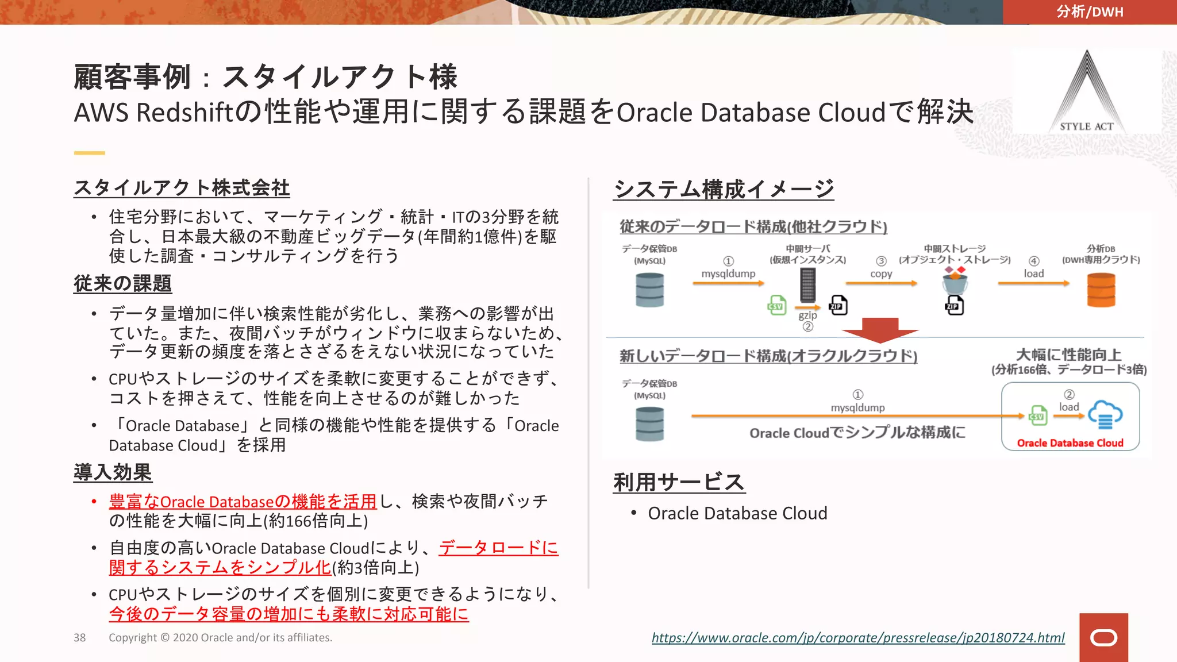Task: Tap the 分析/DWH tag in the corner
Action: pos(1089,11)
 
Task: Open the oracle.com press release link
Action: pos(858,637)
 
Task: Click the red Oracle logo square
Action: pos(1103,637)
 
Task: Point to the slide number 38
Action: pos(79,637)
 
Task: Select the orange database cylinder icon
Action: pos(1101,290)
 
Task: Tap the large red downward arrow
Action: pos(880,330)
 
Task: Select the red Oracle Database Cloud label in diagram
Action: pos(1070,442)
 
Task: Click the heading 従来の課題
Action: pos(122,283)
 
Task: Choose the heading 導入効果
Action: pos(113,472)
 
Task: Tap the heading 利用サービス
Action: pos(679,482)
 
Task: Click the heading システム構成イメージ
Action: pos(724,188)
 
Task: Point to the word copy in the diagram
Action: pos(881,274)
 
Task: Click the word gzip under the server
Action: pos(807,315)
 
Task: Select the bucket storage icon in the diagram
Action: pos(955,283)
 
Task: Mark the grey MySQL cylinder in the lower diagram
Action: pos(650,424)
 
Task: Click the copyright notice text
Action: pos(220,637)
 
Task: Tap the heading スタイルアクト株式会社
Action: pos(182,187)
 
